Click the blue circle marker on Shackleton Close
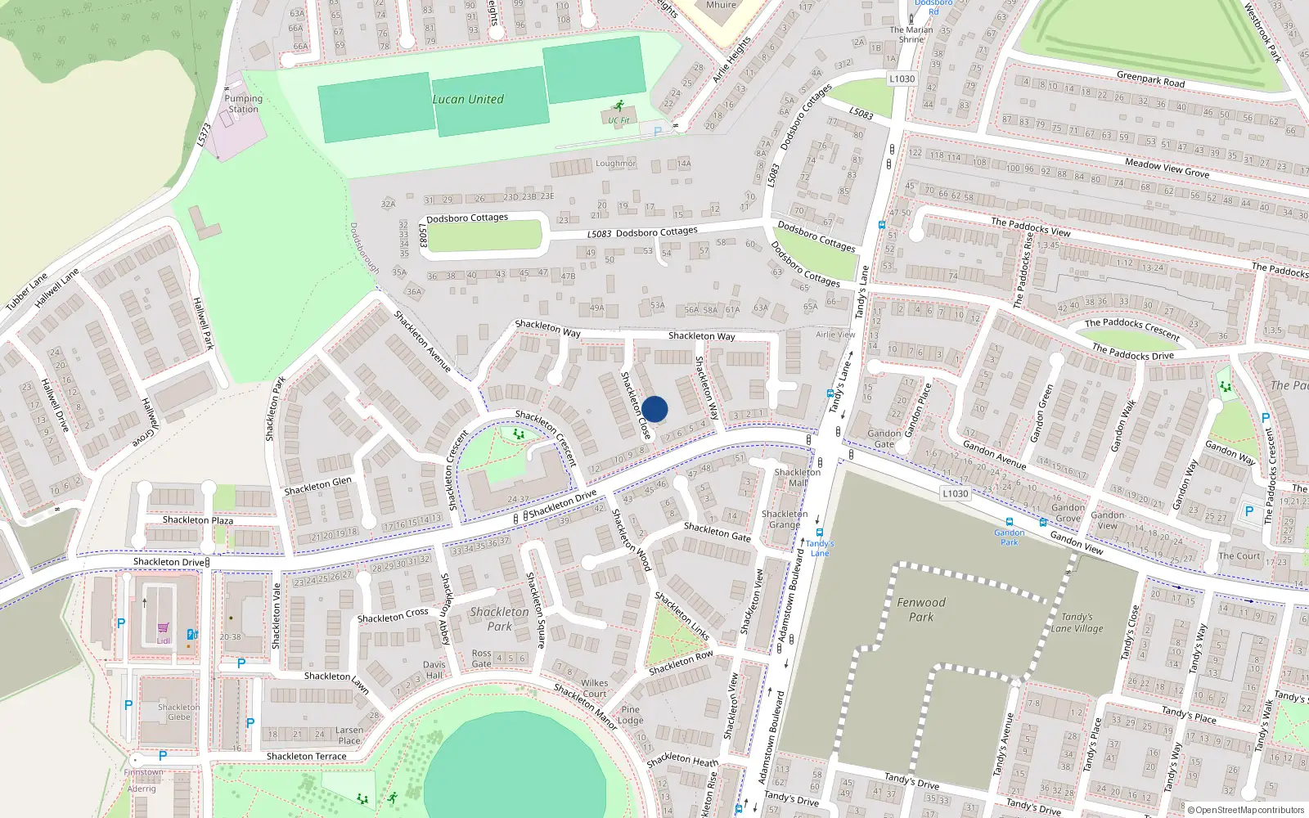(x=654, y=409)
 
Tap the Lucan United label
(x=468, y=99)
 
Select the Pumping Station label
(x=244, y=104)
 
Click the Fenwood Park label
(x=921, y=609)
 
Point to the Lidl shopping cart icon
(x=164, y=628)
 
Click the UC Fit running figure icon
(x=619, y=106)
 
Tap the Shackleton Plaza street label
(x=198, y=520)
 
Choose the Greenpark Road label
(x=1150, y=79)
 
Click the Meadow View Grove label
(x=1167, y=168)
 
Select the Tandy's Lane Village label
(x=1077, y=622)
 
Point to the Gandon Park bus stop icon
(x=1009, y=521)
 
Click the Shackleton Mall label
(x=797, y=478)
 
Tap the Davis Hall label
(x=434, y=670)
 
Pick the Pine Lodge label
(x=630, y=715)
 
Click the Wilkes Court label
(x=595, y=688)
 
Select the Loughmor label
(x=615, y=164)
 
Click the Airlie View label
(x=835, y=335)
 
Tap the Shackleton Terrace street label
(x=306, y=757)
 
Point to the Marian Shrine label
(x=911, y=34)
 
